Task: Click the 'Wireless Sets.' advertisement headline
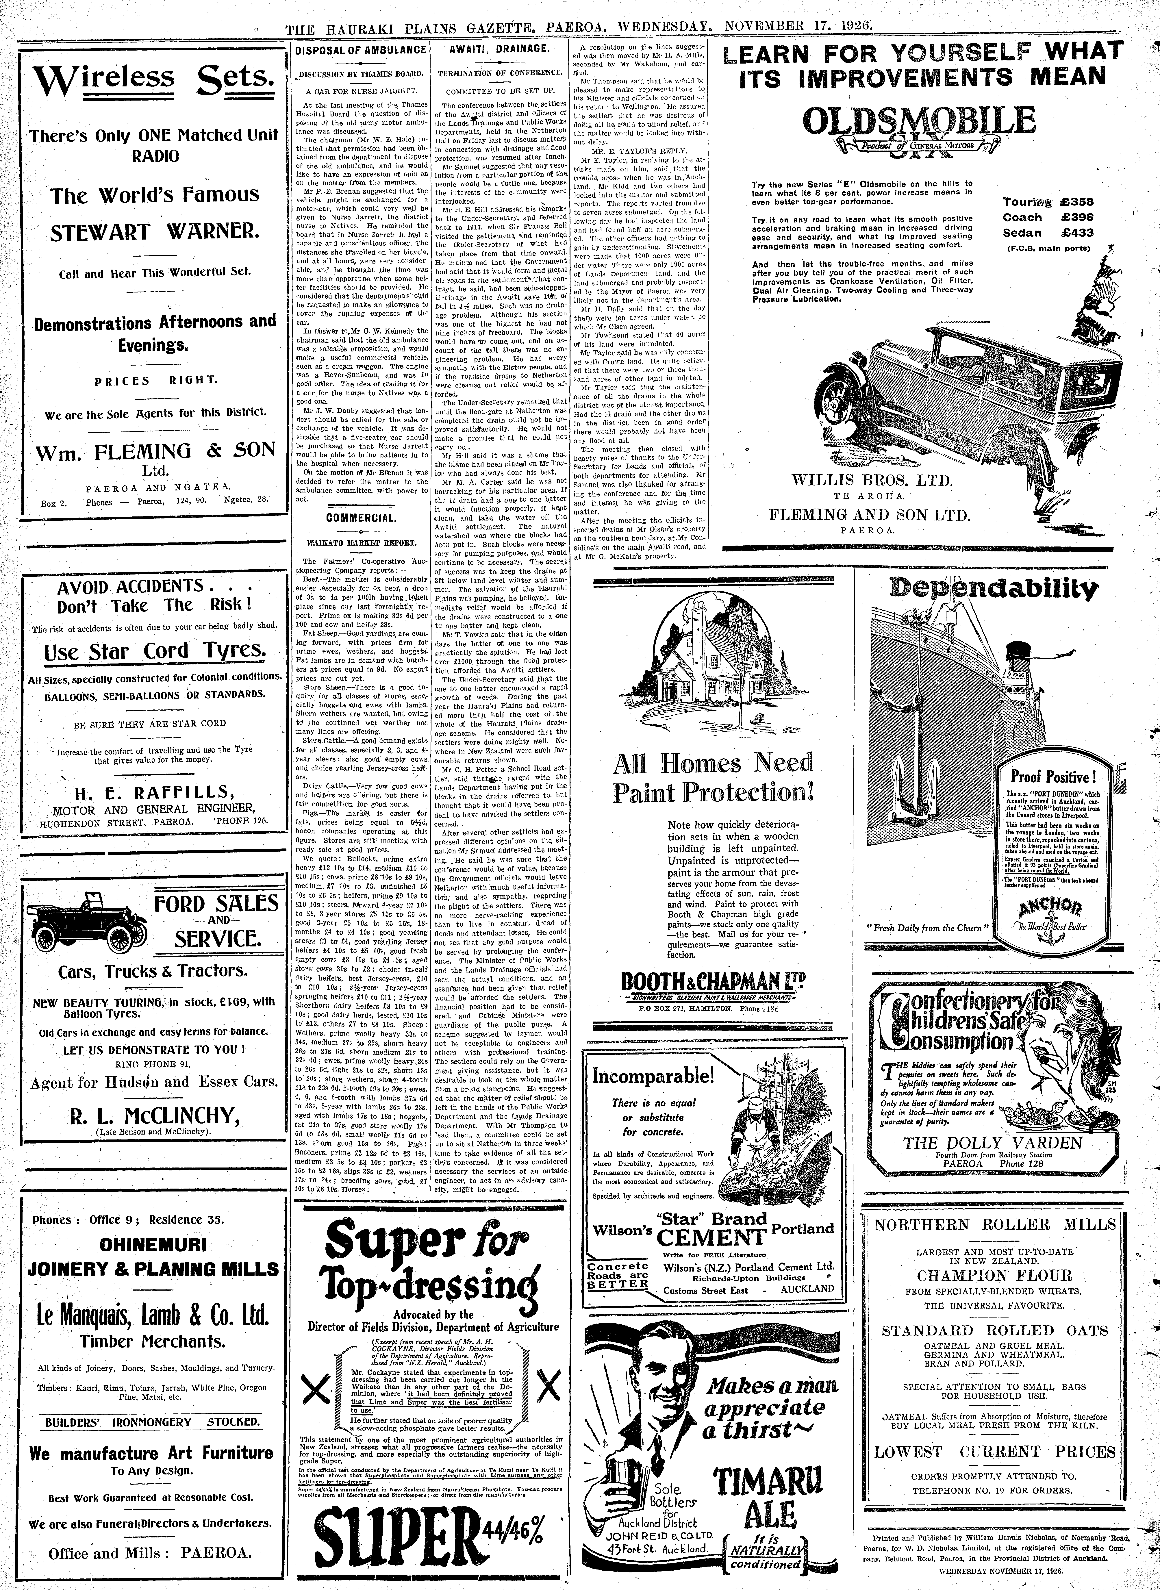click(155, 83)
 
